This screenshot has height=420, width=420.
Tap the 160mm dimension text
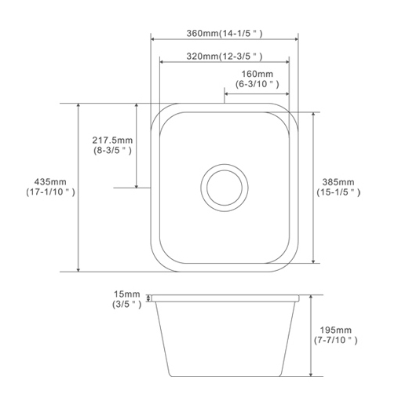point(257,75)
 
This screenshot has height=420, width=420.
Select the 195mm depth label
point(338,331)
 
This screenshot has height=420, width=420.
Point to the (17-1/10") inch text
point(50,192)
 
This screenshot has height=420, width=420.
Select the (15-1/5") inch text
point(338,192)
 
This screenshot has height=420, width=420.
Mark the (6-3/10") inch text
point(257,84)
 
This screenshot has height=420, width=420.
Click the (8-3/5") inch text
point(113,149)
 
